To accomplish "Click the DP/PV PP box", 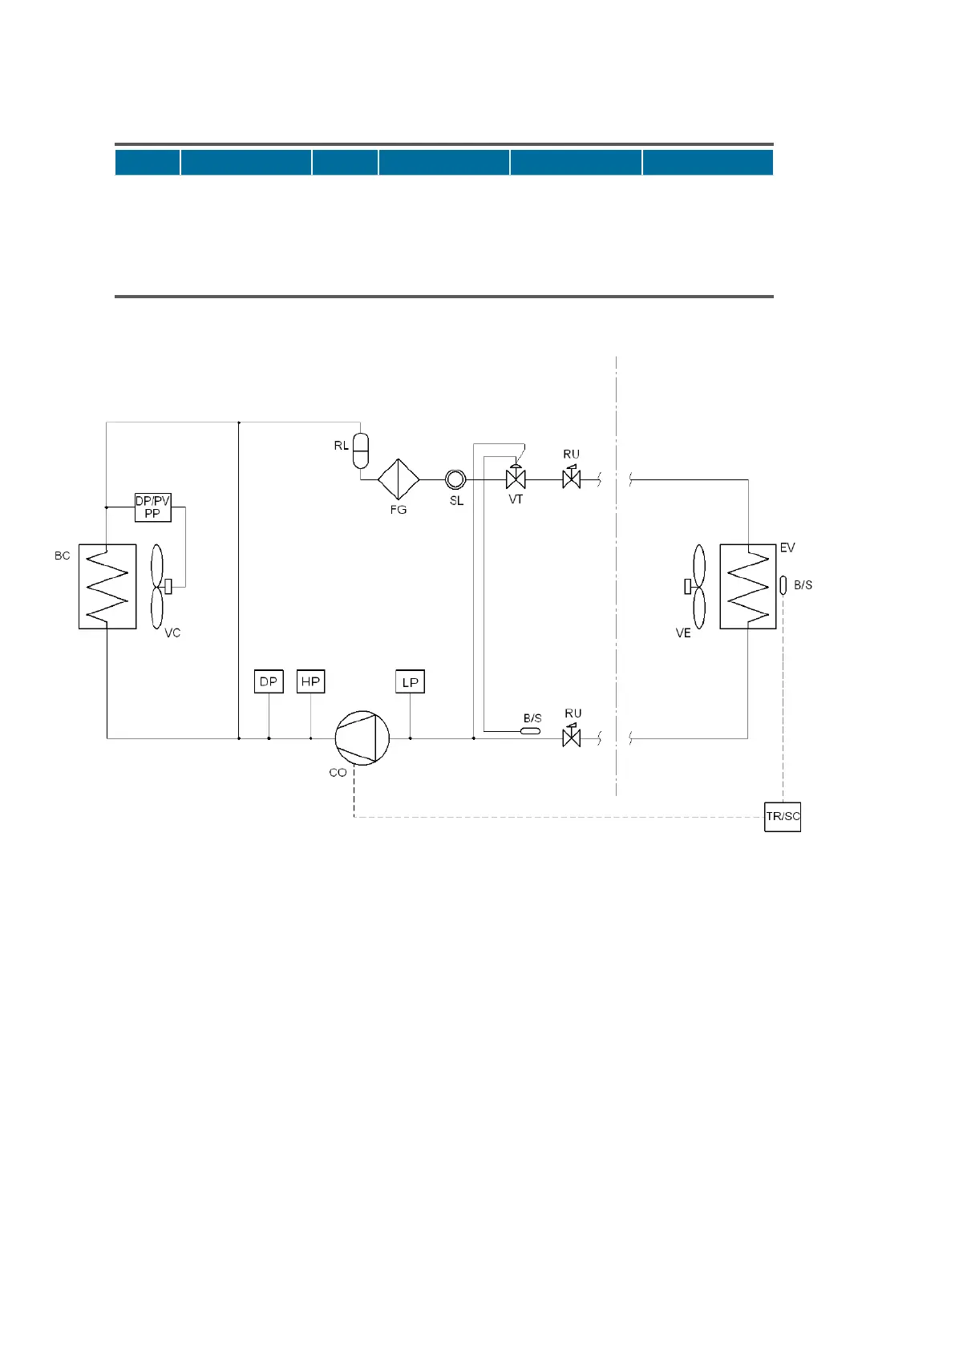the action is point(152,507).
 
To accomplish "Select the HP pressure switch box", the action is point(310,682).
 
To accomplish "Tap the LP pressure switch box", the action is point(410,682).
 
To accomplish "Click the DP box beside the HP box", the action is point(269,682).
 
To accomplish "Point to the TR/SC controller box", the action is point(783,817).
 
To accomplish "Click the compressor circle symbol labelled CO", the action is point(362,738).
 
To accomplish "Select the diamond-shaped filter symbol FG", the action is point(399,479).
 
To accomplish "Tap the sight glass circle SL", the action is point(455,479).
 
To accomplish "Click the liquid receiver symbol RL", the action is point(360,451).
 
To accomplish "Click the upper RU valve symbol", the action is point(572,478).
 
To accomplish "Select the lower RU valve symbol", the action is point(572,736).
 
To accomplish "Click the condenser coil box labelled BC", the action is point(107,586).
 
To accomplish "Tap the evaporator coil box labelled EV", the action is point(747,586).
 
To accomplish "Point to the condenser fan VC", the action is point(157,586).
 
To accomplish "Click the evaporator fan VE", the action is point(698,586).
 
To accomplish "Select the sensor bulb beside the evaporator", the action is point(783,585).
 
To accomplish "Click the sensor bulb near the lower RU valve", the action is point(531,730).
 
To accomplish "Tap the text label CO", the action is point(338,773).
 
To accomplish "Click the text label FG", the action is point(399,510).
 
